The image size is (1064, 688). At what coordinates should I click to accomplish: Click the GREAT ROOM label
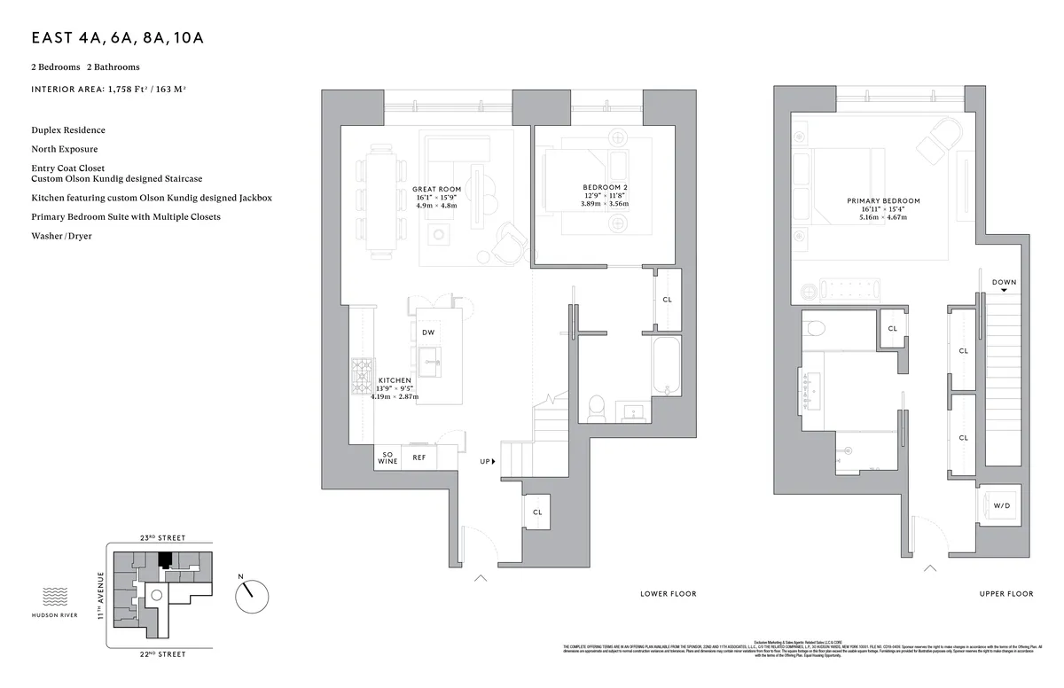[x=436, y=189]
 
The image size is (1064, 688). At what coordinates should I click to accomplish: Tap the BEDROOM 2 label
[x=605, y=187]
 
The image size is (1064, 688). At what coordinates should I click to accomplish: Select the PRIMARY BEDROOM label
[x=883, y=201]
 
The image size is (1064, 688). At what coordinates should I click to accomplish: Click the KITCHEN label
[x=394, y=380]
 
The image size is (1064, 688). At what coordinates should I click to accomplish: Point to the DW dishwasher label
[x=427, y=332]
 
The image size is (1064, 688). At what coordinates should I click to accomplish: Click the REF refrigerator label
[x=419, y=457]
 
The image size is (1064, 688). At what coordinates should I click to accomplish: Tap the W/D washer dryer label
[x=1001, y=506]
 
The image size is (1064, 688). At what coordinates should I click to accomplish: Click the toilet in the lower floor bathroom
[x=597, y=409]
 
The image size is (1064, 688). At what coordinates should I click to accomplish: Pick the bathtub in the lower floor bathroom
[x=666, y=365]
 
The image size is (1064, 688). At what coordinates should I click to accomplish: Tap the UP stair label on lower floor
[x=485, y=462]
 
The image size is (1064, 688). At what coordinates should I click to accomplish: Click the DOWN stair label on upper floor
[x=1004, y=283]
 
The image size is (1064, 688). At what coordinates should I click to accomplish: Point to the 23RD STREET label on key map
[x=161, y=538]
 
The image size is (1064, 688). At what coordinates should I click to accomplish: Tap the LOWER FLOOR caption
[x=668, y=594]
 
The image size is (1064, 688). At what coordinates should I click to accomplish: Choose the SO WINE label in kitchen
[x=387, y=457]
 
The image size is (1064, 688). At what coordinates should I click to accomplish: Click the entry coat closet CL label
[x=537, y=512]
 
